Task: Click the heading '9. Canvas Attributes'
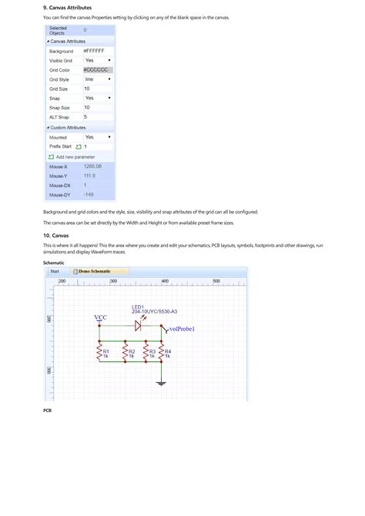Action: (x=69, y=8)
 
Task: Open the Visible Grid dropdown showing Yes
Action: (x=98, y=60)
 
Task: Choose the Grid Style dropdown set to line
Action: (x=98, y=79)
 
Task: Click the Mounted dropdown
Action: (x=98, y=137)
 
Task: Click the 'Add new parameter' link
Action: (x=75, y=156)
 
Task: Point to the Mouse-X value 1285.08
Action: (x=93, y=166)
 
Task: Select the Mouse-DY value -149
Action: (x=89, y=194)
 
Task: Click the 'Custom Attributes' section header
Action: (x=67, y=127)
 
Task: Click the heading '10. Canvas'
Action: (x=56, y=235)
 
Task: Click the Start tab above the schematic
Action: (x=55, y=271)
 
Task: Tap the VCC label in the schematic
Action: (x=100, y=317)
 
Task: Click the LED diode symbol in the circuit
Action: (x=138, y=325)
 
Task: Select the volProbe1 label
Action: (x=176, y=329)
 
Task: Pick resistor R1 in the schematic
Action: (x=99, y=353)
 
